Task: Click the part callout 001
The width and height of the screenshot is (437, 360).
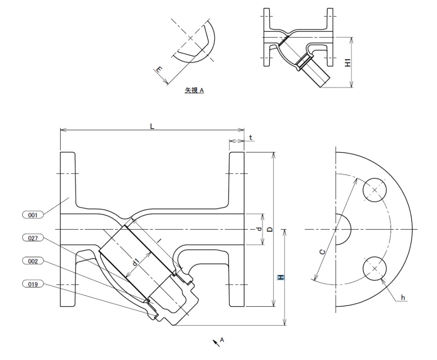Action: point(33,214)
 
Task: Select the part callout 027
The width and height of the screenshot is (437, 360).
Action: point(33,237)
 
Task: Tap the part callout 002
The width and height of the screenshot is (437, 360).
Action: point(33,261)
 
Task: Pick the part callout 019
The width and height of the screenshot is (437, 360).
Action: point(33,284)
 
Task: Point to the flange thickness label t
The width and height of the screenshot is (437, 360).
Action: point(251,137)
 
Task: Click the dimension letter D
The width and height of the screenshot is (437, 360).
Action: point(270,229)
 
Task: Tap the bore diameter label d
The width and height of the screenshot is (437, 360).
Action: point(258,229)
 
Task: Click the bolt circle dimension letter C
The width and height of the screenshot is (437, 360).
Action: point(323,251)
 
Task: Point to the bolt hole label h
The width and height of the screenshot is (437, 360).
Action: point(403,298)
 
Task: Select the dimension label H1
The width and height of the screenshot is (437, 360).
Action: point(348,62)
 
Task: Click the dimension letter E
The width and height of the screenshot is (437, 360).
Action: point(159,70)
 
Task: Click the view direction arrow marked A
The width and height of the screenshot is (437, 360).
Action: point(216,342)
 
